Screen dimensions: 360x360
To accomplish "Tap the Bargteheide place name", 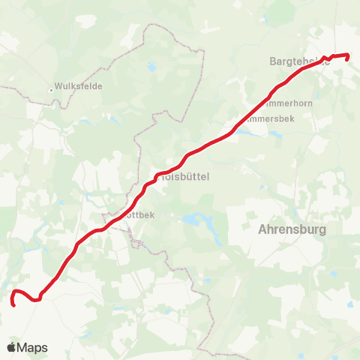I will click(298, 62).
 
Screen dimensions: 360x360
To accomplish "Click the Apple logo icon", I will click(11, 347).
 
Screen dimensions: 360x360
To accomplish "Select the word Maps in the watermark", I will click(33, 347).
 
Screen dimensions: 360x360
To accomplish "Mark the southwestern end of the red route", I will click(14, 304).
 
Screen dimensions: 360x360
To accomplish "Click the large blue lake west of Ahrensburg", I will click(193, 220).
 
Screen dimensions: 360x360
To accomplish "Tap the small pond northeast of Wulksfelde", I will click(152, 67).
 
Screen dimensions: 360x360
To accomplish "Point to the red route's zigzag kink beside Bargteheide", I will click(331, 58).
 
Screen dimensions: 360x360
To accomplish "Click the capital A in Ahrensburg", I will click(262, 229).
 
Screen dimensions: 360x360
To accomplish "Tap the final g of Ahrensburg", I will click(323, 231).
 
